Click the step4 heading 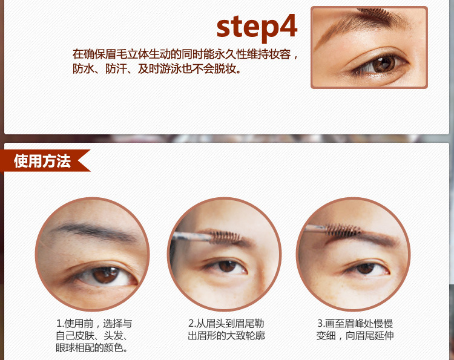tap(257, 27)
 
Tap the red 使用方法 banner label tap(42, 160)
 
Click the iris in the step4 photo tap(383, 64)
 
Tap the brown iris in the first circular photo tap(105, 275)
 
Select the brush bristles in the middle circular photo tap(225, 237)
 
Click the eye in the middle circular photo tap(225, 267)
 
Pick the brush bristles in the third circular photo tap(343, 230)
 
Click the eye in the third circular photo tap(366, 268)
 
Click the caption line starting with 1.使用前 tap(94, 324)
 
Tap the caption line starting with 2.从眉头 tap(226, 324)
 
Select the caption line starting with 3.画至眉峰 tap(355, 324)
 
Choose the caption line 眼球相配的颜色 tap(91, 348)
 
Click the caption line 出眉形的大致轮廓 tap(226, 336)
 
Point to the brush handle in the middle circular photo tap(191, 237)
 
